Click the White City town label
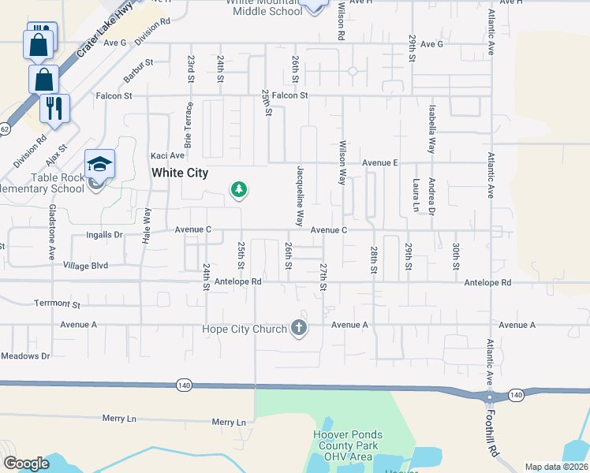coord(180,173)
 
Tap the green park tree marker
coord(238,189)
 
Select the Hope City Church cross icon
coord(298,328)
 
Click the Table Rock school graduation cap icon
coord(100,164)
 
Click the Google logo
coord(26,464)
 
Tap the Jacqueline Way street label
coord(299,195)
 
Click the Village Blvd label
coord(85,266)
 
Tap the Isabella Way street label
coord(431,128)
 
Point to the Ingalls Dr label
coord(104,234)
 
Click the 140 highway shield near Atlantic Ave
coord(516,394)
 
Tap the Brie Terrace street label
coord(188,125)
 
